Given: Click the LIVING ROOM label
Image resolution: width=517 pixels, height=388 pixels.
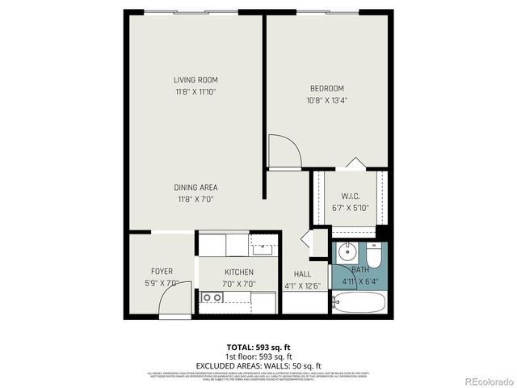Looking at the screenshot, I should tap(196, 79).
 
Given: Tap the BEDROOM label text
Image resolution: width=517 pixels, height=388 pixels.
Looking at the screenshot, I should tap(326, 88).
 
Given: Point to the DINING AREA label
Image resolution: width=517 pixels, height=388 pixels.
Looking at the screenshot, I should tap(196, 188).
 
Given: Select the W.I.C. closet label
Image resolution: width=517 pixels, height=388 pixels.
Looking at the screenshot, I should tap(350, 196).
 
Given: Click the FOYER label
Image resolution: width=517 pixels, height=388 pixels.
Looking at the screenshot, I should tap(162, 271).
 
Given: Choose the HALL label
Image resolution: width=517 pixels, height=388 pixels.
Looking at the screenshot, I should tap(303, 274).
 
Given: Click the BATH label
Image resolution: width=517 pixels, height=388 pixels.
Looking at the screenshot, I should tap(359, 270).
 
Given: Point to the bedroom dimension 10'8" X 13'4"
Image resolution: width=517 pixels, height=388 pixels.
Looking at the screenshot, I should tap(326, 100).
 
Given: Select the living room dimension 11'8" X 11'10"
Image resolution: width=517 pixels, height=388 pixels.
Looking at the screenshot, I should tap(196, 91).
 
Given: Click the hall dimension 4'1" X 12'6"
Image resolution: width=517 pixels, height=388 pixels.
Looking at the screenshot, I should tap(303, 285).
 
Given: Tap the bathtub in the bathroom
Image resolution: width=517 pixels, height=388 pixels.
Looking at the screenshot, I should tap(359, 305).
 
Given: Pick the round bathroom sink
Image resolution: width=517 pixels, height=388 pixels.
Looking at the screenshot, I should tap(345, 250).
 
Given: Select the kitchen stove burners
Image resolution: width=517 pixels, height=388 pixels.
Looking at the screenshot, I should tap(212, 297).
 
